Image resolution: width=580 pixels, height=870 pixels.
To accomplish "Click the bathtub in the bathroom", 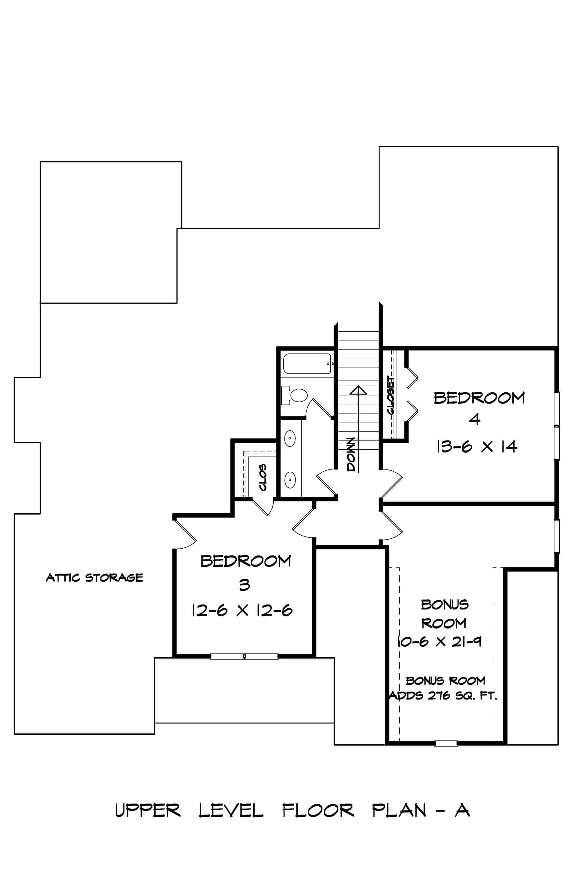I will click(307, 363).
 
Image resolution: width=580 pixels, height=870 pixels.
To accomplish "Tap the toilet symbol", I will click(298, 395).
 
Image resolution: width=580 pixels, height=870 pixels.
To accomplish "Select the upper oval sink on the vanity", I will click(290, 439).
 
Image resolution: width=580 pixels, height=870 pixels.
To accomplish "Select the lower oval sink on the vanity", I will click(290, 480).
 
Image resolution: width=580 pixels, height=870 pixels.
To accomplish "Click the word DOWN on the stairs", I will click(351, 454).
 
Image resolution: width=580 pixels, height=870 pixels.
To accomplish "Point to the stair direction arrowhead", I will click(358, 390).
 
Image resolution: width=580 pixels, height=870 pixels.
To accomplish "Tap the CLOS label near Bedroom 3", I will click(263, 478).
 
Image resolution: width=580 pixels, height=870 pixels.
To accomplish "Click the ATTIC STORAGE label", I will click(94, 578).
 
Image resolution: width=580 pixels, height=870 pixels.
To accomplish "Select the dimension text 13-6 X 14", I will click(477, 447).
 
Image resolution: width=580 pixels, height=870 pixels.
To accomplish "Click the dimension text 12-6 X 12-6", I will click(242, 610).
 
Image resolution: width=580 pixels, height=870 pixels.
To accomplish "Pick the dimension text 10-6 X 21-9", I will click(439, 642).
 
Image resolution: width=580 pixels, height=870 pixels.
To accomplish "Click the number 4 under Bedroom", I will click(475, 420).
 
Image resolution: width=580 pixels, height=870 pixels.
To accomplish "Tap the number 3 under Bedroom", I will click(244, 585).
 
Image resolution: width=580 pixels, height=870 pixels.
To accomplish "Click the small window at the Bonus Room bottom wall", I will click(446, 743).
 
